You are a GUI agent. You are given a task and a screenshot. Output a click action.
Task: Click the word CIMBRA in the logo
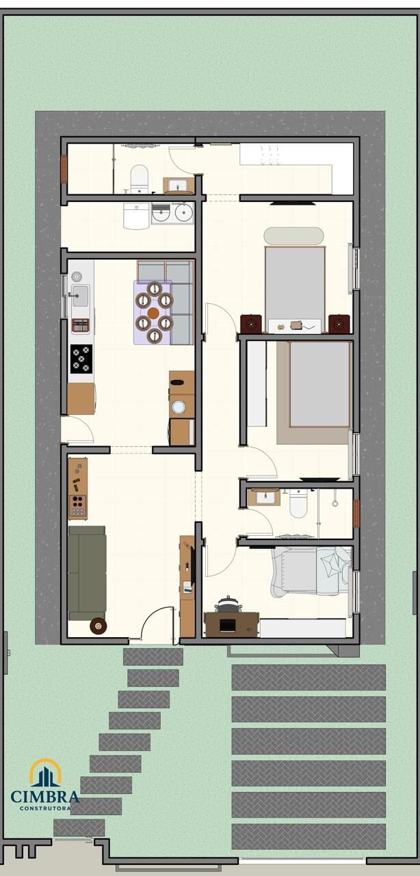pyautogui.click(x=45, y=796)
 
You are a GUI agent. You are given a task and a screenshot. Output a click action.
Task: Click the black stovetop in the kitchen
pyautogui.click(x=81, y=359)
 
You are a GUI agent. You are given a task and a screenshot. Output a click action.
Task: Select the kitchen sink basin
pyautogui.click(x=80, y=296)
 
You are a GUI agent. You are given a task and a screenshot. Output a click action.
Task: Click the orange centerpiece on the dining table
pyautogui.click(x=153, y=313)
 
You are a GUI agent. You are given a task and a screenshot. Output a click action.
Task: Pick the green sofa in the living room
pyautogui.click(x=87, y=573)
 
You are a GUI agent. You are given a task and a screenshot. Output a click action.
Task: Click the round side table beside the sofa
pyautogui.click(x=98, y=626)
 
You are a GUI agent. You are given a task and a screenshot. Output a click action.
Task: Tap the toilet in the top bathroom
pyautogui.click(x=140, y=179)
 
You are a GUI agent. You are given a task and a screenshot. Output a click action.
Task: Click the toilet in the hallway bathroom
pyautogui.click(x=298, y=504)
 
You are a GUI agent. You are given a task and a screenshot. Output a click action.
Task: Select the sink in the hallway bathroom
pyautogui.click(x=264, y=497)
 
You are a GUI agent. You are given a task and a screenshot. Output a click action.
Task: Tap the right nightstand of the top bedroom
pyautogui.click(x=339, y=324)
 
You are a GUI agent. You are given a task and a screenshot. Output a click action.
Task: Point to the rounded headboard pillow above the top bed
pyautogui.click(x=293, y=236)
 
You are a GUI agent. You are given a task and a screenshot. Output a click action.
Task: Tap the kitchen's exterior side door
pyautogui.click(x=77, y=430)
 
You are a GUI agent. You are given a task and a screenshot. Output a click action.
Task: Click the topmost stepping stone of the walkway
pyautogui.click(x=153, y=657)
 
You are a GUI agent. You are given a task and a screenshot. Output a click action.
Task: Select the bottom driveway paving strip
pyautogui.click(x=309, y=836)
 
